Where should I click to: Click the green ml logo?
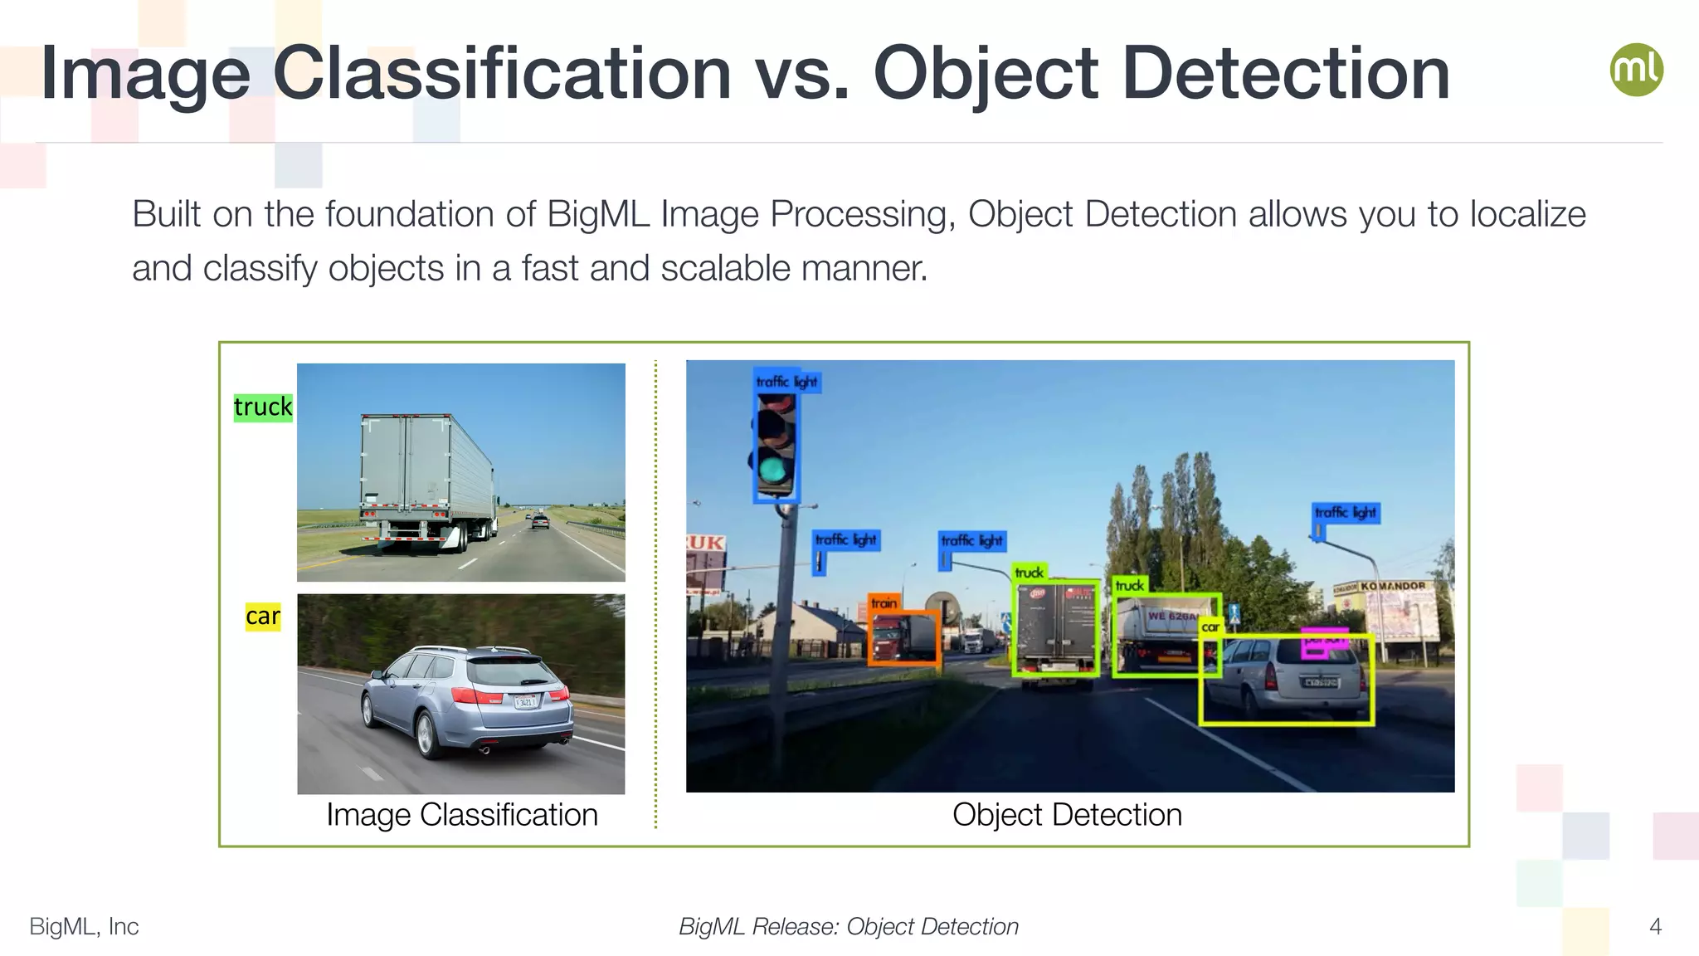1636,70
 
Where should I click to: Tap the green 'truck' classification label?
263,407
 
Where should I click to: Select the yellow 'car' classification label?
263,617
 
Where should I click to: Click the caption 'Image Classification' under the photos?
461,815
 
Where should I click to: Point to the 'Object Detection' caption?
1067,815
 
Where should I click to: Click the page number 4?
1655,926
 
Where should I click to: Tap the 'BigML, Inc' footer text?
84,926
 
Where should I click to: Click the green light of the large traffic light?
774,470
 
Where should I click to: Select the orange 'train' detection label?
884,603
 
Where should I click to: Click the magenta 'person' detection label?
1324,641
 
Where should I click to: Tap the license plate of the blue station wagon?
525,702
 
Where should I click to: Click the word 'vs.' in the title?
801,75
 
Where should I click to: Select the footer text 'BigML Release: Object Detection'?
849,926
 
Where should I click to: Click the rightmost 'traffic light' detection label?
1345,513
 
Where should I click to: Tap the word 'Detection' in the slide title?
1286,75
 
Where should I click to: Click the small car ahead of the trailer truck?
540,521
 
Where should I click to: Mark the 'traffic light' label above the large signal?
786,382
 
